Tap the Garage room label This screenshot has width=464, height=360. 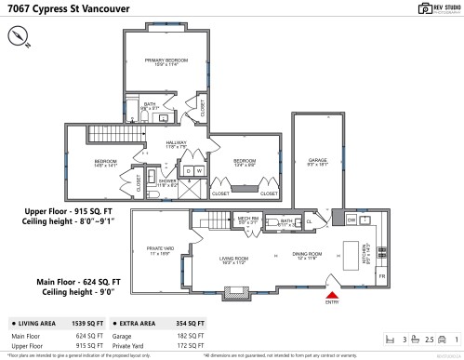[319, 163]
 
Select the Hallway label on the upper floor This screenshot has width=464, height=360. [177, 145]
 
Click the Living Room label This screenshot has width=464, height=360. [233, 260]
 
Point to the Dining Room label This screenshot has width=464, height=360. [308, 254]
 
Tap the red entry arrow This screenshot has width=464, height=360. [331, 295]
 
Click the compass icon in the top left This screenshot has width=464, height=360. [20, 36]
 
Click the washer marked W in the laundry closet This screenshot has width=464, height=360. [198, 171]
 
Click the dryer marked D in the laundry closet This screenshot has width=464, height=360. [187, 171]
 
